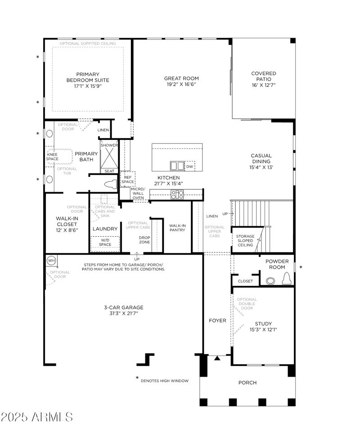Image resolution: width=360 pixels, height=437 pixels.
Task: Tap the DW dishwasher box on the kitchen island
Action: click(189, 166)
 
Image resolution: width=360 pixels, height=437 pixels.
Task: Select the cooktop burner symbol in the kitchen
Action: click(177, 194)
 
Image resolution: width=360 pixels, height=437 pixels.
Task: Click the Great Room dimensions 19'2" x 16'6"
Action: click(181, 84)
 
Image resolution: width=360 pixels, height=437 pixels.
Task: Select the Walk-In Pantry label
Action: click(177, 228)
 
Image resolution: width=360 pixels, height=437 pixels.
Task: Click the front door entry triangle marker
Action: click(217, 358)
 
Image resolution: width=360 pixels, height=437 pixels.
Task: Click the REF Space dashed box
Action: click(127, 179)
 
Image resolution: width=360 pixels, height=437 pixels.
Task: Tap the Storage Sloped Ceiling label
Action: click(246, 240)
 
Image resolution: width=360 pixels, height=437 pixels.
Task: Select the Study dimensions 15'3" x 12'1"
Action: click(263, 329)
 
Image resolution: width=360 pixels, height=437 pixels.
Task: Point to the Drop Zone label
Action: click(144, 240)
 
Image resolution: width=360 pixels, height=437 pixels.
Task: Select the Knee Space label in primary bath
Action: click(53, 157)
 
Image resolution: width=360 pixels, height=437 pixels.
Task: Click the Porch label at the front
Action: click(247, 383)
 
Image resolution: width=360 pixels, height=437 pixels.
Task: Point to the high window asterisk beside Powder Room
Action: click(301, 268)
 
